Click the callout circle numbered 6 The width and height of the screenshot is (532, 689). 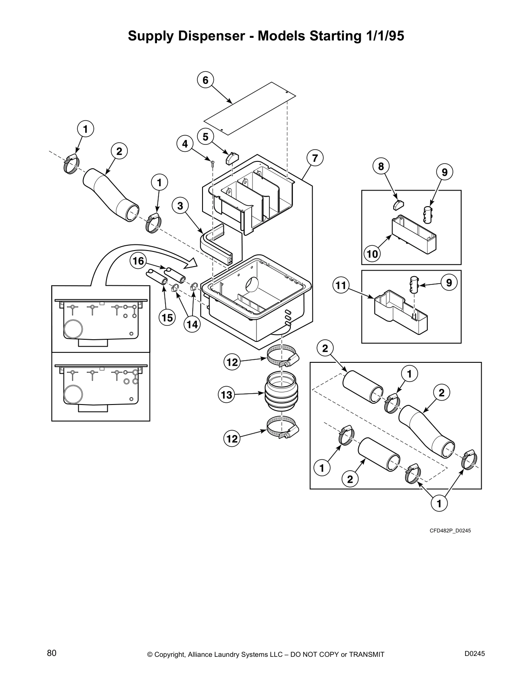206,80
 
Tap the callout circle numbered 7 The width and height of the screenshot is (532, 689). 315,157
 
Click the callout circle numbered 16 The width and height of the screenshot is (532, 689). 138,261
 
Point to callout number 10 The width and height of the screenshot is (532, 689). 372,254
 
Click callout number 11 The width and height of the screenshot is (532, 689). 341,285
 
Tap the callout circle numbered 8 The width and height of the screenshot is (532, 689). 381,166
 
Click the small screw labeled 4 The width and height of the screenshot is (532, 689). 212,163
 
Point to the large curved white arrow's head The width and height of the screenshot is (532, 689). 191,262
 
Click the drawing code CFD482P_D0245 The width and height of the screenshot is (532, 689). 450,531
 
